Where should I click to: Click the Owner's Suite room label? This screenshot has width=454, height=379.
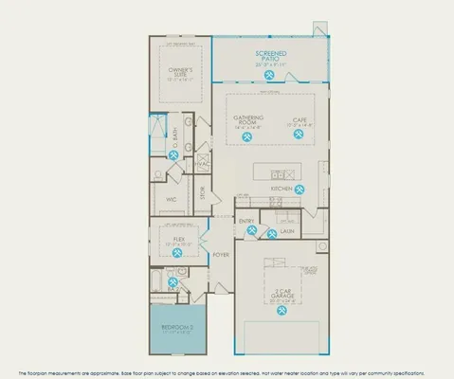click(181, 72)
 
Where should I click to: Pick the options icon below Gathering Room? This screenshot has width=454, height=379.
click(246, 135)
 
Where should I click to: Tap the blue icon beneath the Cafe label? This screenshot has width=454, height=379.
click(299, 135)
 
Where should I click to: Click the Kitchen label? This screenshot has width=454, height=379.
click(281, 188)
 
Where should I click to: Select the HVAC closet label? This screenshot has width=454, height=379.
click(201, 163)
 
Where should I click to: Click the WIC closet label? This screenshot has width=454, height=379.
click(172, 200)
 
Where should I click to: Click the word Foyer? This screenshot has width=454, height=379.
click(220, 255)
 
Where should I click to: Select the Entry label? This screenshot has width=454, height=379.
click(246, 222)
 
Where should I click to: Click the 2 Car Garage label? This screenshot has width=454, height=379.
click(281, 295)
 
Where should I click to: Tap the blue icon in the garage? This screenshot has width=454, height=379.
click(281, 313)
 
